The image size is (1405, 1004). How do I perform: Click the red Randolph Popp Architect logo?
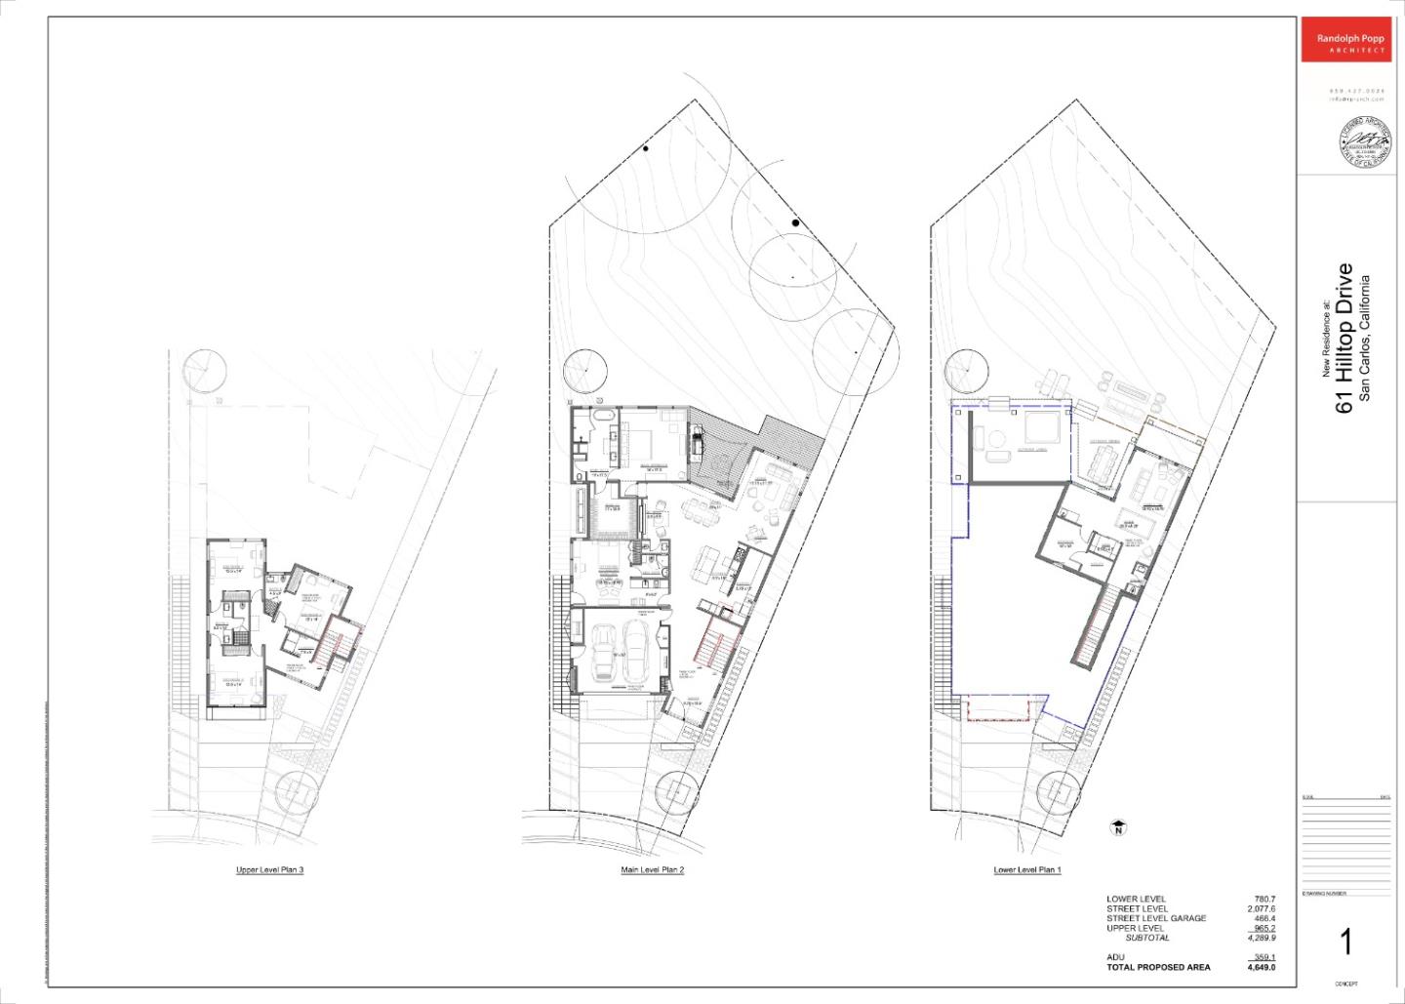pos(1345,40)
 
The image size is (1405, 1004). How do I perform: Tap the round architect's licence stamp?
pos(1364,142)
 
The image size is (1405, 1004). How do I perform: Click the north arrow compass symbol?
pos(1118,828)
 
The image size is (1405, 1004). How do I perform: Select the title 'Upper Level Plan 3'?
pos(269,869)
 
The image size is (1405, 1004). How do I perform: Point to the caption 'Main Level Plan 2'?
pos(652,869)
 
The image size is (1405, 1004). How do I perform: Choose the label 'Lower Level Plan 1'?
pos(1026,869)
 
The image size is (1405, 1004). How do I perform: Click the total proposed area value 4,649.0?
pos(1261,968)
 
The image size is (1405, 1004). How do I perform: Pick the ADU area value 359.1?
pos(1264,957)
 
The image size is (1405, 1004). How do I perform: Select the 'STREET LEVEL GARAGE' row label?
pos(1156,918)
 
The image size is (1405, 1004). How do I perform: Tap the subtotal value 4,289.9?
pos(1261,938)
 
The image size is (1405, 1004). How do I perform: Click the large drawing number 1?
pos(1345,943)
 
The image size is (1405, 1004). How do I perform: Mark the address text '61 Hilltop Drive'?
pos(1345,338)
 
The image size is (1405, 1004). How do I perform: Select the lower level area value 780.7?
pos(1264,899)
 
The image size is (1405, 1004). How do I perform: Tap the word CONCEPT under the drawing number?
pos(1345,984)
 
